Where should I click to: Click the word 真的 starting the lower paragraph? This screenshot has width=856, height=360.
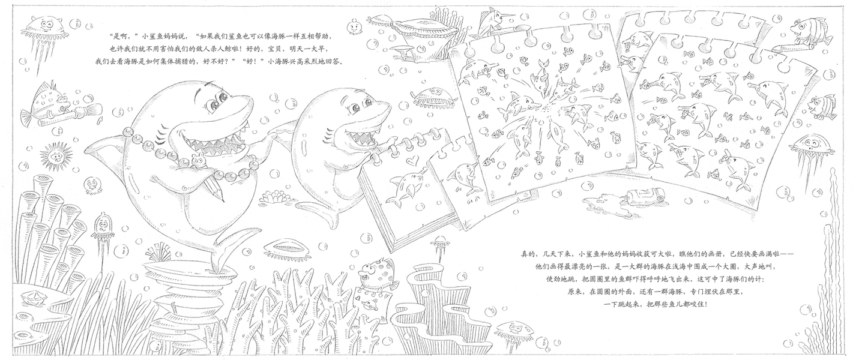pyautogui.click(x=529, y=254)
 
